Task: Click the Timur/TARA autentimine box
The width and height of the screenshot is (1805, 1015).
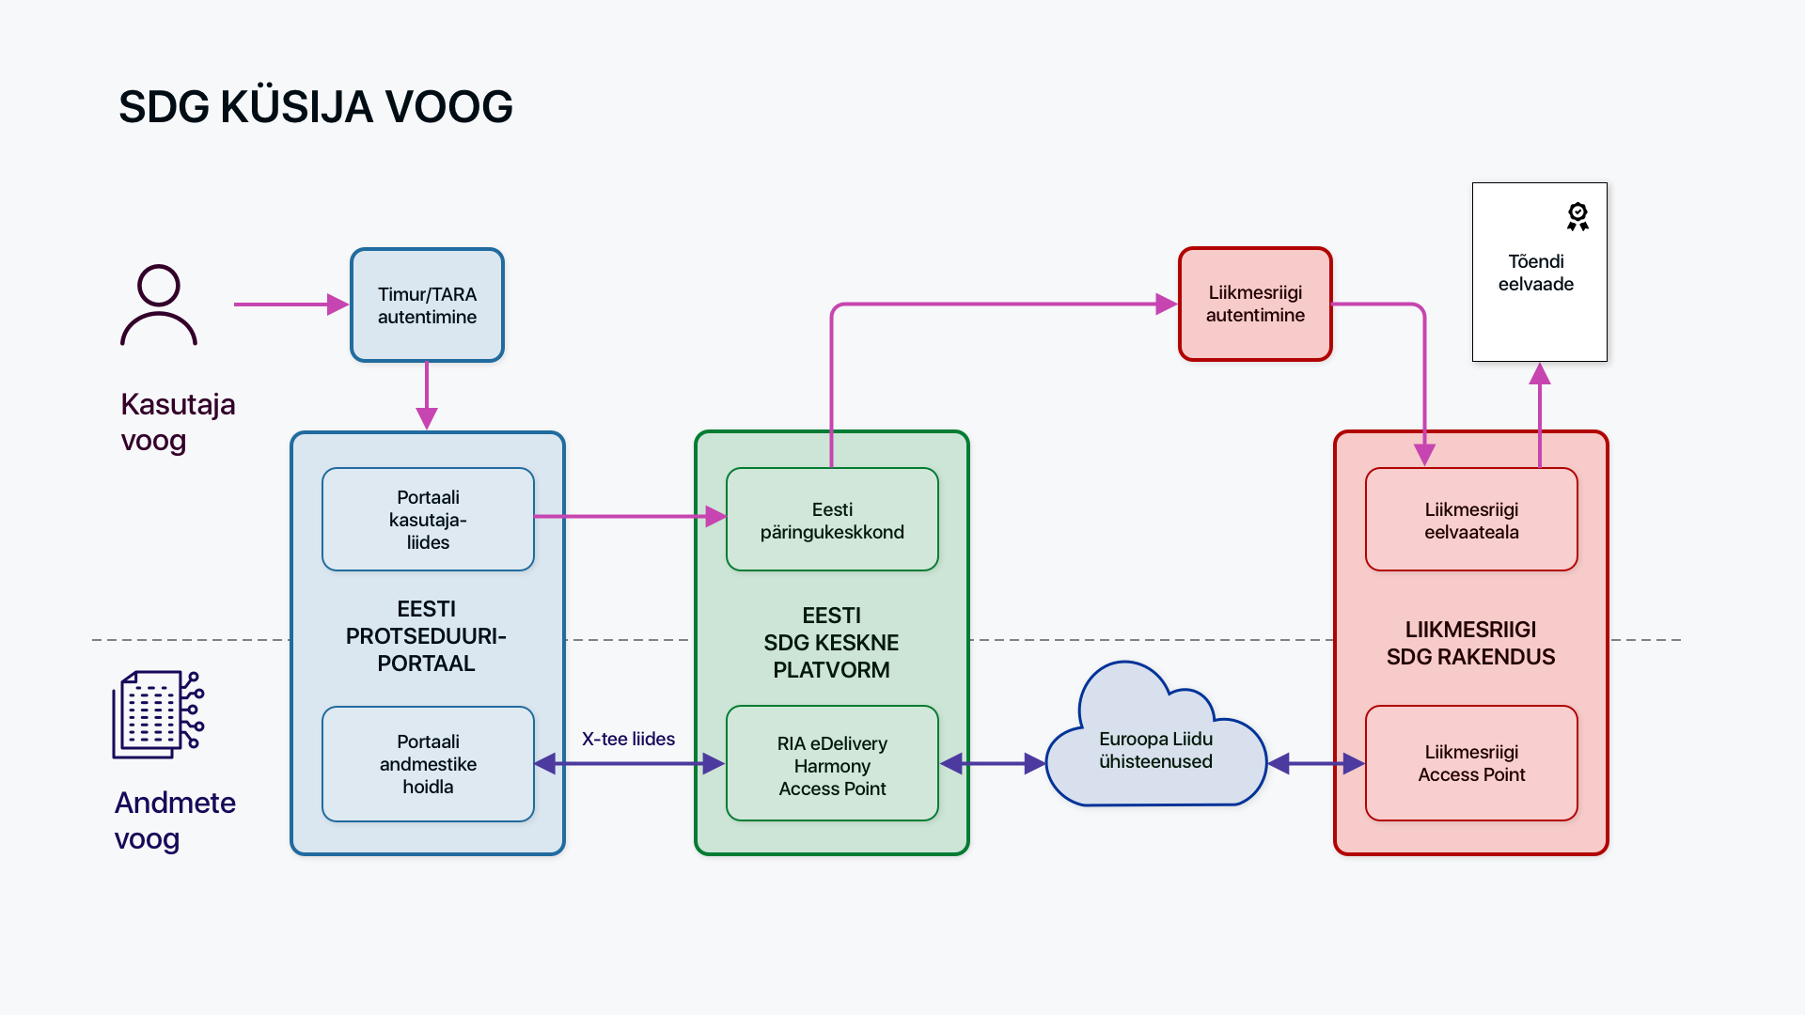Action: click(x=427, y=305)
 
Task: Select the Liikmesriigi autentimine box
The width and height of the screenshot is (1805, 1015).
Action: click(x=1255, y=304)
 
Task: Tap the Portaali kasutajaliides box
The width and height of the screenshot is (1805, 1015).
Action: click(x=428, y=519)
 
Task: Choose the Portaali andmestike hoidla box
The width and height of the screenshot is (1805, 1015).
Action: click(x=428, y=763)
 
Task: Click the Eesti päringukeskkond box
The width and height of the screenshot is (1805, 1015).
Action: click(x=832, y=520)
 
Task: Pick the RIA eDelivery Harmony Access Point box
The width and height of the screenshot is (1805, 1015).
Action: click(x=832, y=764)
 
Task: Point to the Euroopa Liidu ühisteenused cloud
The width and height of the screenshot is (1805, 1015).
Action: click(x=1155, y=750)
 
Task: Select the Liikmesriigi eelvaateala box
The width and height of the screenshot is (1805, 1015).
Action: click(x=1471, y=520)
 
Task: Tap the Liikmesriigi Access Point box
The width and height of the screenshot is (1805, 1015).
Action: click(x=1471, y=763)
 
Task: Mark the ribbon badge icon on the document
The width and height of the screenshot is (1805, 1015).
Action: click(x=1577, y=216)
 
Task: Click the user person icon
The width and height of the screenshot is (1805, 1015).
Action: click(x=159, y=305)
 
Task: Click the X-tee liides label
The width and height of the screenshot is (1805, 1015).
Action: click(x=628, y=739)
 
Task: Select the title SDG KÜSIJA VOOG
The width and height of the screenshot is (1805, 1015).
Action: click(x=316, y=107)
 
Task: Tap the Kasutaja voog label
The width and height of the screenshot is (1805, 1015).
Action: click(x=178, y=422)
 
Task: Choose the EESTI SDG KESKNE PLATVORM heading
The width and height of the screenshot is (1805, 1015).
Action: click(x=831, y=643)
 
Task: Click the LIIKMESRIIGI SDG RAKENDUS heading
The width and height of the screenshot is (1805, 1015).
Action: click(x=1470, y=643)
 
